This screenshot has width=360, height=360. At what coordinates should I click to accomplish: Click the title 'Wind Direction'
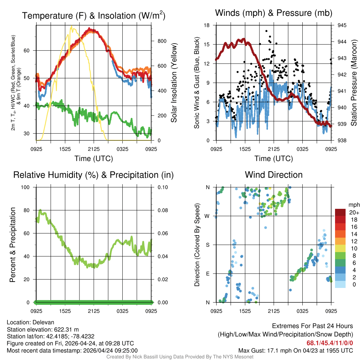pyautogui.click(x=274, y=175)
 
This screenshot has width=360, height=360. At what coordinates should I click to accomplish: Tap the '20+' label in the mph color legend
pyautogui.click(x=352, y=212)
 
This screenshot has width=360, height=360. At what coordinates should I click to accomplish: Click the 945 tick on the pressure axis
pyautogui.click(x=342, y=25)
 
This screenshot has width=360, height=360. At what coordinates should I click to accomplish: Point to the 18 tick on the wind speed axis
pyautogui.click(x=207, y=25)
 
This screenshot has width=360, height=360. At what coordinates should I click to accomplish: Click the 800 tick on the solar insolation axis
pyautogui.click(x=162, y=41)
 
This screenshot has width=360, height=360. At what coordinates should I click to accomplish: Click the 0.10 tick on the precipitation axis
pyautogui.click(x=162, y=187)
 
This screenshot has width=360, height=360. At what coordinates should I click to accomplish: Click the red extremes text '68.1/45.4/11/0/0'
pyautogui.click(x=330, y=343)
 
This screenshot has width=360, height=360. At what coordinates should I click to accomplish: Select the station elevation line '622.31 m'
pyautogui.click(x=43, y=329)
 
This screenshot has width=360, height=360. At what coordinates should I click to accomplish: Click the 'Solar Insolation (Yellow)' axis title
pyautogui.click(x=174, y=83)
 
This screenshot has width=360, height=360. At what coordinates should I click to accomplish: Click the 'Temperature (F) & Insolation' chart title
pyautogui.click(x=94, y=16)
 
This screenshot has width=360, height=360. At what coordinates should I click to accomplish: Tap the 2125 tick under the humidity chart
pyautogui.click(x=94, y=311)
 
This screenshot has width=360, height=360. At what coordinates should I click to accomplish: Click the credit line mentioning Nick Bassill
pyautogui.click(x=180, y=357)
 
